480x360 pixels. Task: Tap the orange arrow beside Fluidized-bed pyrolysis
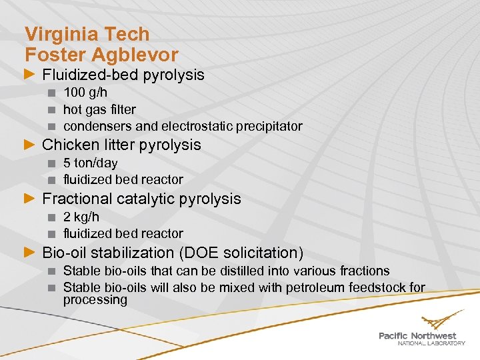tap(29, 75)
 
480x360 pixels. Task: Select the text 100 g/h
tap(85, 93)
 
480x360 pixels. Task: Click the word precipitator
tap(269, 126)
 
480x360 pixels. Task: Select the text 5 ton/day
tap(90, 163)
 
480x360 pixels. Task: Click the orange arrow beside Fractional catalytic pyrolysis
tap(29, 199)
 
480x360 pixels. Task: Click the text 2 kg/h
tap(81, 217)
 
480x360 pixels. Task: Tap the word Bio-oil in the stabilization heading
tap(64, 253)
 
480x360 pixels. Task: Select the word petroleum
tap(313, 287)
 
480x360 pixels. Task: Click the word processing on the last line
tap(95, 300)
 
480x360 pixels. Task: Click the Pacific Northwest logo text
tap(417, 335)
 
